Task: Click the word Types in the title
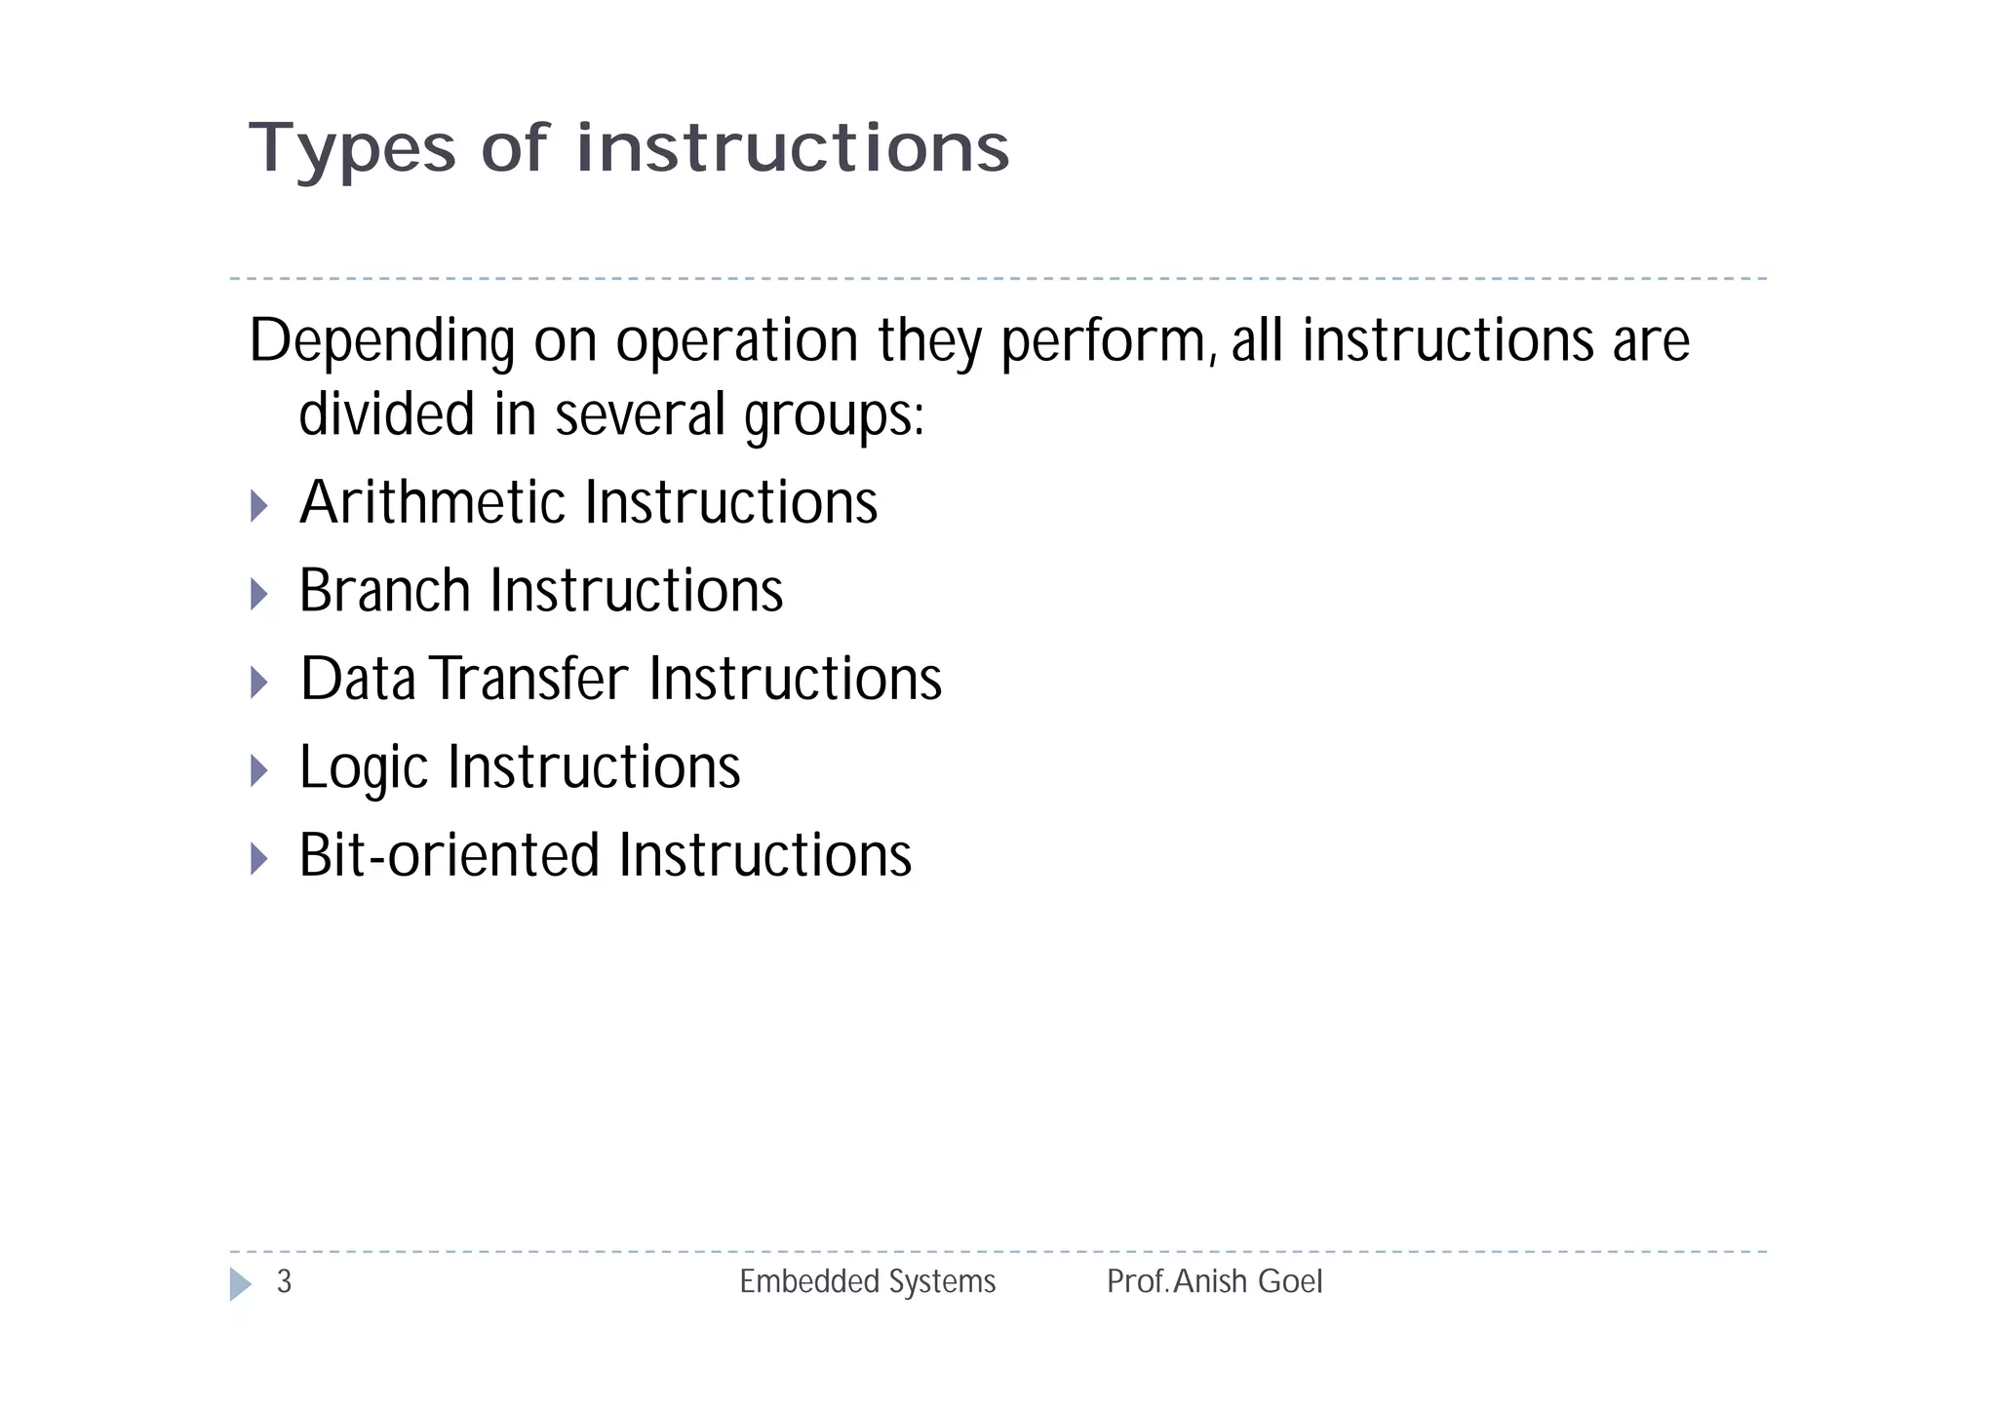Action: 352,149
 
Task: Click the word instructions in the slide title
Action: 793,149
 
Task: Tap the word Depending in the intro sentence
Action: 381,341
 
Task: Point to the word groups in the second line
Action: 834,415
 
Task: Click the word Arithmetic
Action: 432,502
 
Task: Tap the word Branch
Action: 385,591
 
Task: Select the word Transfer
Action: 530,679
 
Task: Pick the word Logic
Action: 363,767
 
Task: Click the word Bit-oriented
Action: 449,855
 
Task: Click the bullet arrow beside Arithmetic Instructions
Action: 258,506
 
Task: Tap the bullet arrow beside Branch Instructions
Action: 258,594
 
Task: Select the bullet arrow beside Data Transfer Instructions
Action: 258,683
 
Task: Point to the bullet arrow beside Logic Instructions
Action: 258,770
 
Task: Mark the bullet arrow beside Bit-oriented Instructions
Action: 258,859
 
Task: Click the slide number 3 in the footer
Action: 284,1281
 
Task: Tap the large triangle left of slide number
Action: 239,1284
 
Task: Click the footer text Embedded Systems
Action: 867,1281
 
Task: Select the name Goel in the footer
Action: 1290,1281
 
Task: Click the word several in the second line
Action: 640,415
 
